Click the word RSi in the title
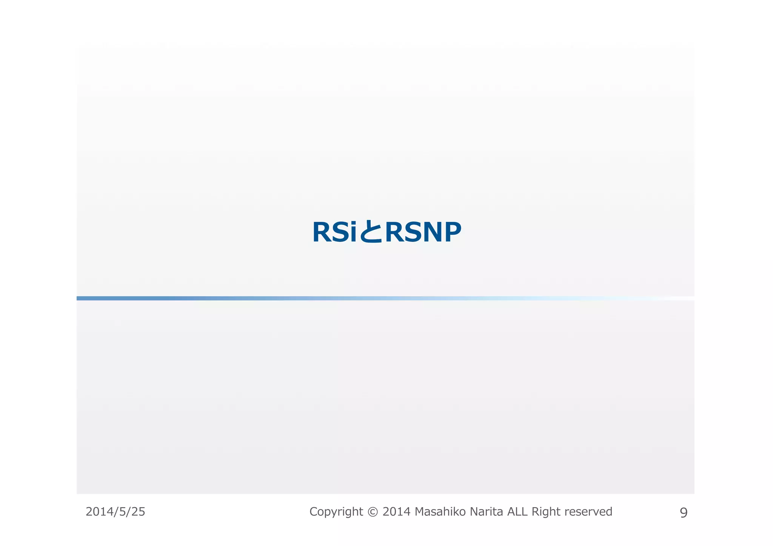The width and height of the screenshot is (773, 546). (334, 232)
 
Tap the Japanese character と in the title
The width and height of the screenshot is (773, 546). (371, 232)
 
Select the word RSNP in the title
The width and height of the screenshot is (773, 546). (423, 232)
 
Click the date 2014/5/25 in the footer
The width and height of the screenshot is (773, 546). (115, 512)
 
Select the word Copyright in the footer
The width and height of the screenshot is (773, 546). (336, 512)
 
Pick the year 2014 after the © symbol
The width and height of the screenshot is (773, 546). (396, 512)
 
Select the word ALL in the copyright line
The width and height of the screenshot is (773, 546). (517, 512)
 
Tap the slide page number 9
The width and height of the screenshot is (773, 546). (684, 513)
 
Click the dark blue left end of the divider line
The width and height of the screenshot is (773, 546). (87, 298)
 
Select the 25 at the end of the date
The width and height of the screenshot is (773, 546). (138, 512)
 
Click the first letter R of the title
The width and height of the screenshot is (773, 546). (321, 232)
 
